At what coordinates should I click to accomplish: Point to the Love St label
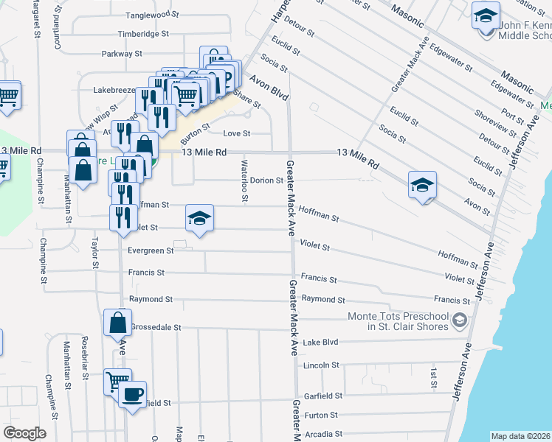[237, 133]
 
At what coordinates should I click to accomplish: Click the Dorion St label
[266, 180]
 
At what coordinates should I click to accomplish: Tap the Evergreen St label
[150, 250]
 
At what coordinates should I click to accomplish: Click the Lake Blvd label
[320, 343]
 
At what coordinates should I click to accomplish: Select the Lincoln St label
[321, 365]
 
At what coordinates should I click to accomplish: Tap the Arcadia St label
[323, 435]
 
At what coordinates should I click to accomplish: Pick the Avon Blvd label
[268, 87]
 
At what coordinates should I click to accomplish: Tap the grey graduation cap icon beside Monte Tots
[460, 320]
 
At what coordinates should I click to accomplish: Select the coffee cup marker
[132, 395]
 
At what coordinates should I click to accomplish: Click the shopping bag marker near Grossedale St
[117, 323]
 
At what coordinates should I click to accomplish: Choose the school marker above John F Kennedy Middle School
[486, 15]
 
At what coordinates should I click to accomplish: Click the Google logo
[24, 433]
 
